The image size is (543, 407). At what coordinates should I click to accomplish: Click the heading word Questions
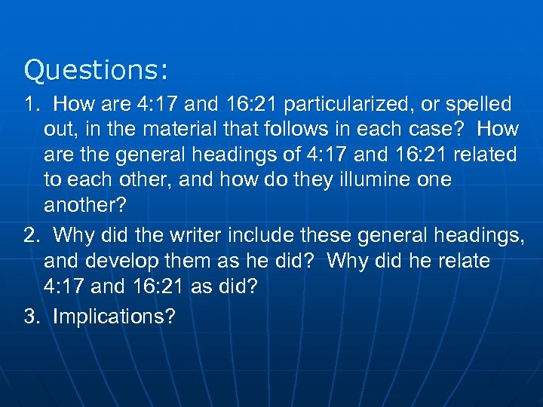[x=96, y=71]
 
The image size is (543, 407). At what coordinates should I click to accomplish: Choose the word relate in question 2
[x=459, y=261]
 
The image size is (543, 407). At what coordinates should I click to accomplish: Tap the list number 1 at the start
[x=32, y=104]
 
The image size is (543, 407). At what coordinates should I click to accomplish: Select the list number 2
[x=32, y=235]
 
